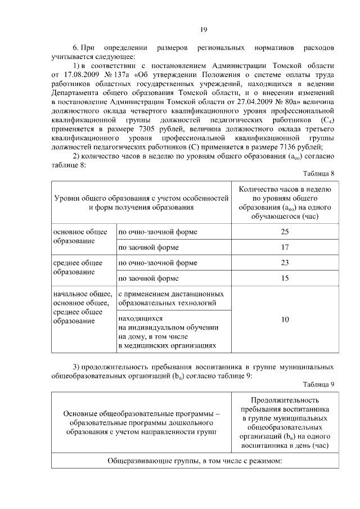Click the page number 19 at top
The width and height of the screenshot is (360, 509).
[204, 30]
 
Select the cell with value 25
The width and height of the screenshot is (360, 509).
[285, 232]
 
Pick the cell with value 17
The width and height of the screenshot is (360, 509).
[285, 247]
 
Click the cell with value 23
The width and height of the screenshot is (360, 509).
[285, 262]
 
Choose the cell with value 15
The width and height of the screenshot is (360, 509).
[285, 278]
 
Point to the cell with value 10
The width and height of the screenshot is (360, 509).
[285, 319]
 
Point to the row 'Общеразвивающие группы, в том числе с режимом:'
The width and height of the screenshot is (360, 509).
[195, 461]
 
